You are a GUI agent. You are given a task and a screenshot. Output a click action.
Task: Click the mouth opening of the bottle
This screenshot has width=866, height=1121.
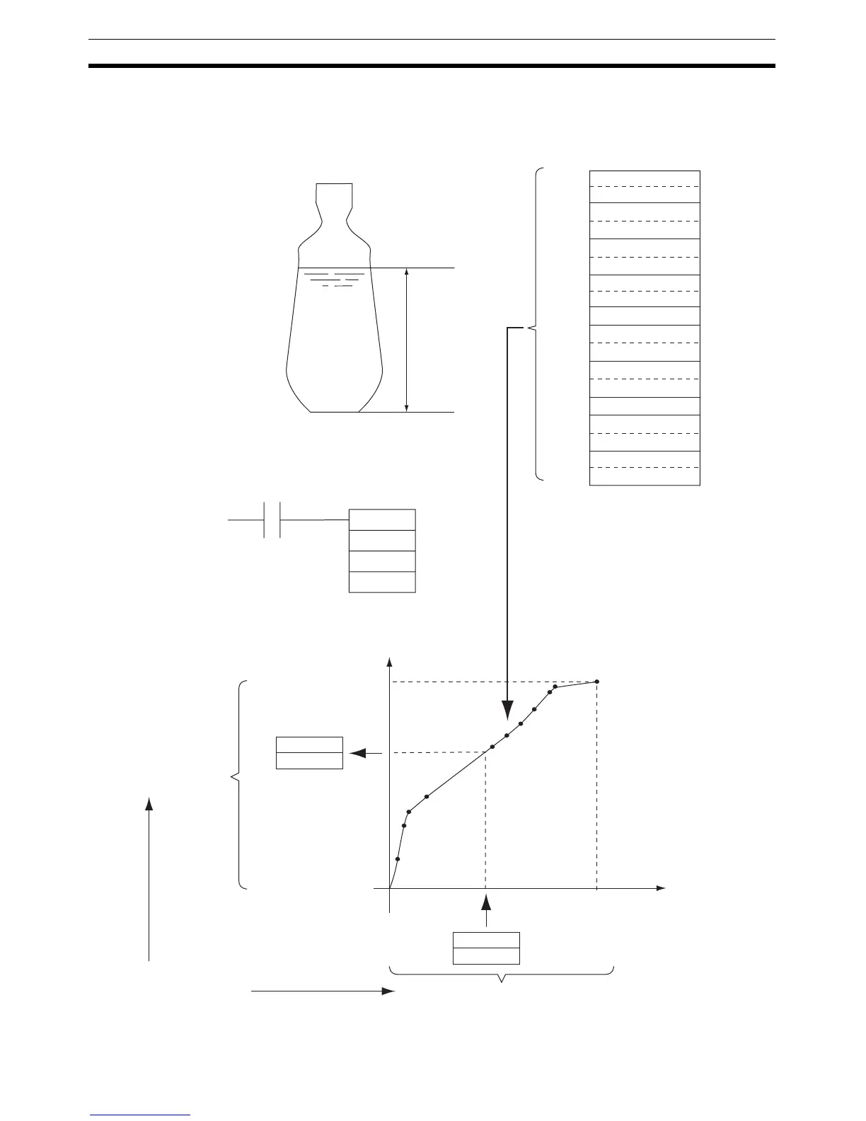pyautogui.click(x=333, y=185)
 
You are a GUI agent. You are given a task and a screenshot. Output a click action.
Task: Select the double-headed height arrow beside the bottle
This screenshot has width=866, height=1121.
pyautogui.click(x=406, y=340)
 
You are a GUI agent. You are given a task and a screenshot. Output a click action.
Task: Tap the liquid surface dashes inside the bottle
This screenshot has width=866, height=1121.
pyautogui.click(x=337, y=279)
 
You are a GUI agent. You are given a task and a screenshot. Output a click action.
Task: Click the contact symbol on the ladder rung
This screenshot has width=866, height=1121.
pyautogui.click(x=272, y=519)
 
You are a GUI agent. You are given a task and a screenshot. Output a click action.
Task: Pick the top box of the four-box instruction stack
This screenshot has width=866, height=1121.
pyautogui.click(x=382, y=519)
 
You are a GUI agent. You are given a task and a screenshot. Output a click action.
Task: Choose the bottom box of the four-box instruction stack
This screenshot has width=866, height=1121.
pyautogui.click(x=382, y=582)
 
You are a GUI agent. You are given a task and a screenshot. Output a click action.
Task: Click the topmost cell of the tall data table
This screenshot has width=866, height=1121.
pyautogui.click(x=645, y=178)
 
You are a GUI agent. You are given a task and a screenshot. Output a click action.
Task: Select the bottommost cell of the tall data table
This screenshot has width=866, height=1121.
pyautogui.click(x=645, y=476)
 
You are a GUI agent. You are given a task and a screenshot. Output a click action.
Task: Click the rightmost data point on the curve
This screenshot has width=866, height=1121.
pyautogui.click(x=597, y=682)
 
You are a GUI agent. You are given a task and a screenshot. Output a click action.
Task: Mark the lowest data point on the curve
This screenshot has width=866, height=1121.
pyautogui.click(x=398, y=859)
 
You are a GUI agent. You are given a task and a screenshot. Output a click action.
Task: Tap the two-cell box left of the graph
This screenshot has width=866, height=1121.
pyautogui.click(x=309, y=753)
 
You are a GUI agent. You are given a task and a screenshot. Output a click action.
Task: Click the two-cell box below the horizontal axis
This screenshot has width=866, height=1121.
pyautogui.click(x=486, y=948)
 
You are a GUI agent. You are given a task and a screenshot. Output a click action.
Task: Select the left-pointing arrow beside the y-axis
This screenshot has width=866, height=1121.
pyautogui.click(x=361, y=753)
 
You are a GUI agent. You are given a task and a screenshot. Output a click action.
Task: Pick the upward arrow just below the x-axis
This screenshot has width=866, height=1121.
pyautogui.click(x=486, y=909)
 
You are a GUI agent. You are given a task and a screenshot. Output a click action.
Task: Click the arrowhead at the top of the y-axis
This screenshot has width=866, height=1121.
pyautogui.click(x=388, y=662)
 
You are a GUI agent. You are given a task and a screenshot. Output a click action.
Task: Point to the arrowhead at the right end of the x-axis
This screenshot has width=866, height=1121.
pyautogui.click(x=660, y=887)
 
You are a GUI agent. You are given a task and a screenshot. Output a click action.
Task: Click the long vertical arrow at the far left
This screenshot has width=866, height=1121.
pyautogui.click(x=149, y=878)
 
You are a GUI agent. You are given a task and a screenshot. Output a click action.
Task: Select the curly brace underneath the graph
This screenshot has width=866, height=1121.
pyautogui.click(x=502, y=974)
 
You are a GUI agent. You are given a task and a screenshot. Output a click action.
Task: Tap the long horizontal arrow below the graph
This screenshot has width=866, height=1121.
pyautogui.click(x=322, y=992)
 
